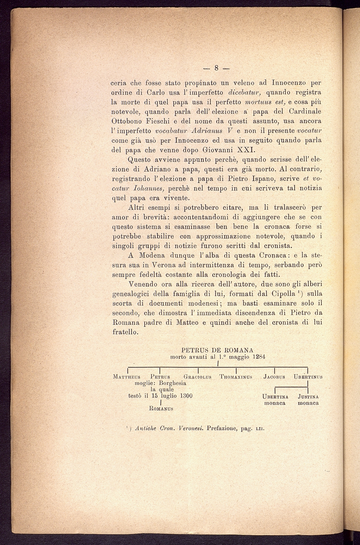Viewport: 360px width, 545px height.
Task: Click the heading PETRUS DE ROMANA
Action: click(217, 350)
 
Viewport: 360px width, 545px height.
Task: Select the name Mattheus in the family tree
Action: click(127, 377)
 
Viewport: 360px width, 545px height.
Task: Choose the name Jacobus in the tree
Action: click(274, 377)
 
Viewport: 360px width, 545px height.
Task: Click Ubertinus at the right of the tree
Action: click(308, 377)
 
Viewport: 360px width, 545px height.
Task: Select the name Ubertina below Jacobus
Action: click(275, 397)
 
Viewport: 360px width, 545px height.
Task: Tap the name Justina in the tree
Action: click(308, 397)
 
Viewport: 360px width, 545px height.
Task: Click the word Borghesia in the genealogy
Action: click(171, 383)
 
